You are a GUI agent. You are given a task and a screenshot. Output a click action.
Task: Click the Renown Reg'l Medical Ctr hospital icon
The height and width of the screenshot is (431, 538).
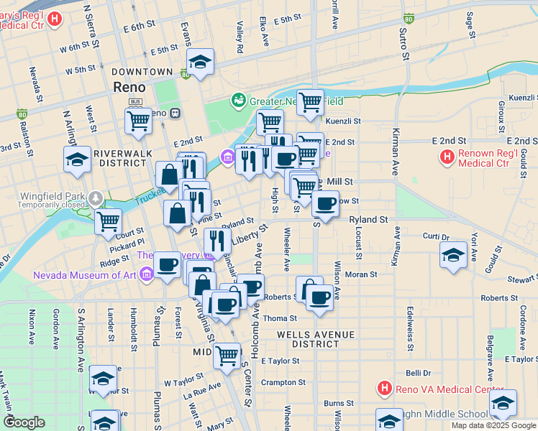pos(447,156)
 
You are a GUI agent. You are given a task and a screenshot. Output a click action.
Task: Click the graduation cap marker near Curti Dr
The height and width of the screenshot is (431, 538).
pos(453,256)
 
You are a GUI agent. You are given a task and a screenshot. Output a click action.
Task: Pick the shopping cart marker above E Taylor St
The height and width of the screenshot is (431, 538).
pos(227,355)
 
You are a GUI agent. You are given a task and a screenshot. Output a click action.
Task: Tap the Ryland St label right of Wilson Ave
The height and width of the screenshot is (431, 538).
pos(368,220)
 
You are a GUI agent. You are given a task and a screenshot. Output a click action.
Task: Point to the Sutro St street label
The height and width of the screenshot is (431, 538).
pos(405,44)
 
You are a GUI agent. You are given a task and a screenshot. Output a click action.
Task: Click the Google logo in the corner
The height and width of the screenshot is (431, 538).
pos(24,422)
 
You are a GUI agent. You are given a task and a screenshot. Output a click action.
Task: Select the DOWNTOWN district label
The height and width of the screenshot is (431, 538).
pos(142,72)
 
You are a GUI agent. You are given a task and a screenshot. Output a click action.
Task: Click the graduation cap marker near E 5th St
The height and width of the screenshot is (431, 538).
pos(200,62)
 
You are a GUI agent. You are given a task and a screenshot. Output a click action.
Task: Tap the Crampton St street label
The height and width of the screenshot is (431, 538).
pos(279,382)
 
